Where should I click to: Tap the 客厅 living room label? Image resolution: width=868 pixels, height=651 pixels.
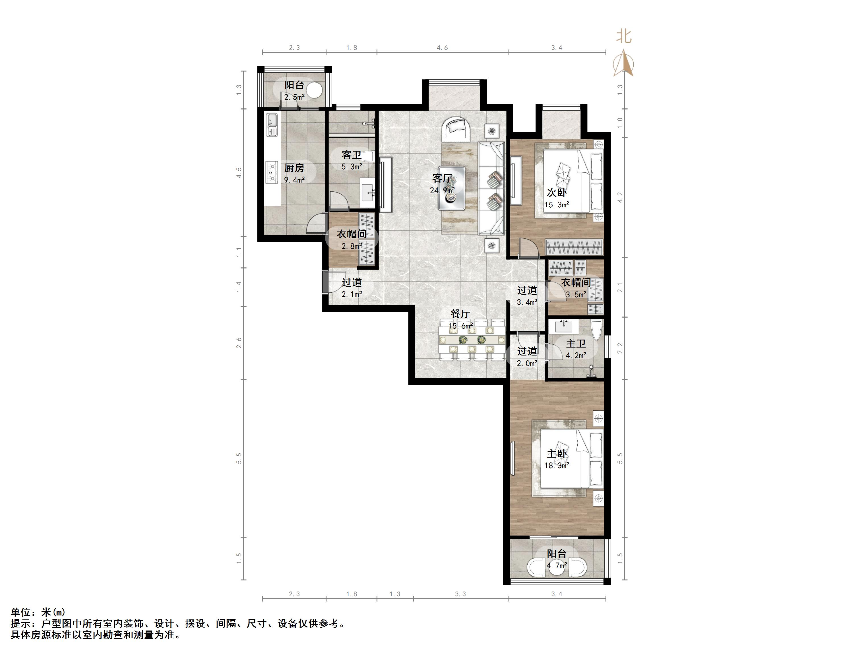click(442, 179)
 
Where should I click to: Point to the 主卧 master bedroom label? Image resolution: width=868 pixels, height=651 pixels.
click(557, 454)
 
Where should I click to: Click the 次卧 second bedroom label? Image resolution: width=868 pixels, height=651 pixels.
click(557, 193)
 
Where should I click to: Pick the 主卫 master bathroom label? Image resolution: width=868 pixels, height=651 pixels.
click(576, 344)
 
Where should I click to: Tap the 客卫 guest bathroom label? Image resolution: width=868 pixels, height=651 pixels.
click(352, 155)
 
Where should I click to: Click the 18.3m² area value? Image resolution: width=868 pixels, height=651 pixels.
click(557, 466)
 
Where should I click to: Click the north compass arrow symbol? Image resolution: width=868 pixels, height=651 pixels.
click(623, 63)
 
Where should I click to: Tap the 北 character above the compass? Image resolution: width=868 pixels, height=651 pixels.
click(623, 36)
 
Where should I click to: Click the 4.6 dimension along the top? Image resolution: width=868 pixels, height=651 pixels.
click(442, 48)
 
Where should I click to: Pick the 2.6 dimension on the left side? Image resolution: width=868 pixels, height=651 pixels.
click(239, 343)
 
